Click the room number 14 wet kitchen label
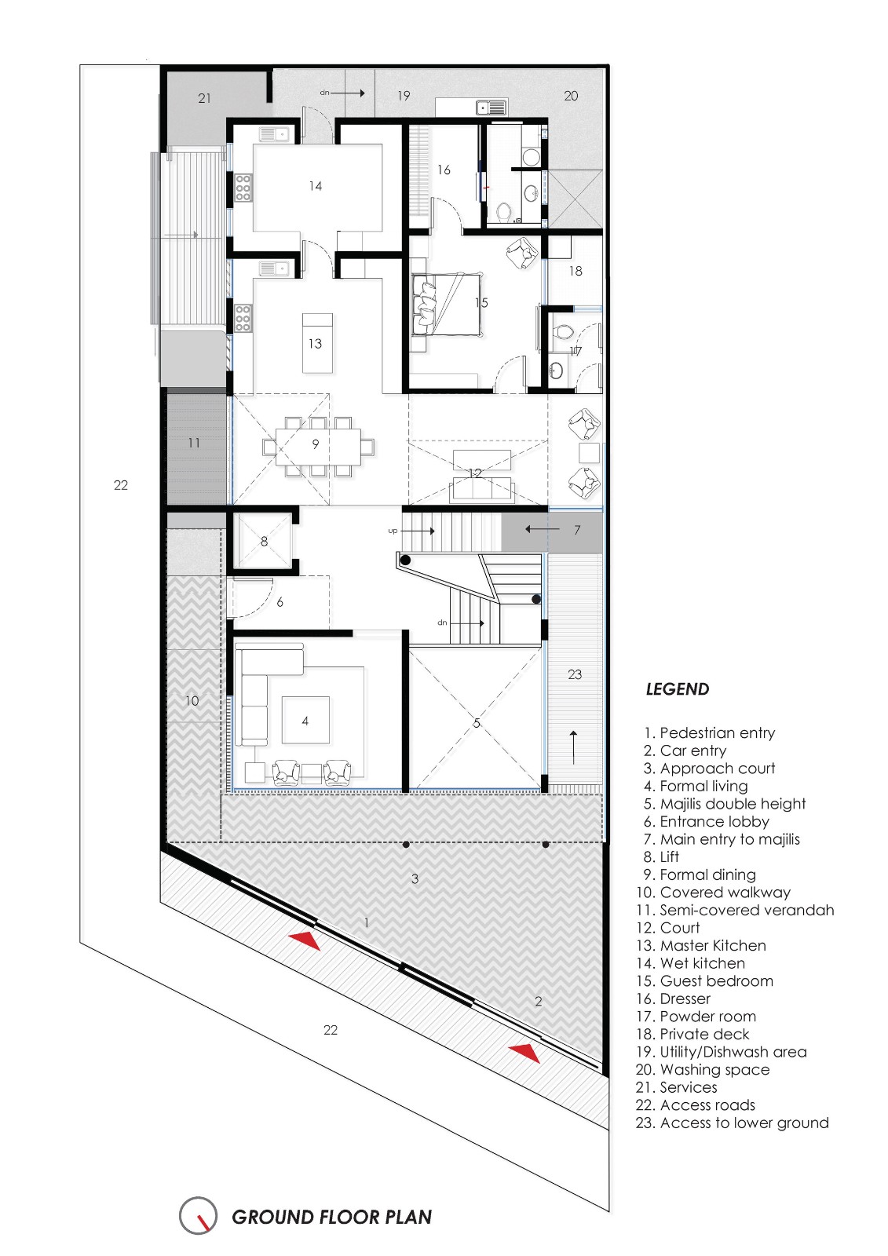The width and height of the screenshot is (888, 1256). [x=315, y=186]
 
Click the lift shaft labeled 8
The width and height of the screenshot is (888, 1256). [x=264, y=541]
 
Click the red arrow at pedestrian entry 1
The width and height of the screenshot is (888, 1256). [x=305, y=940]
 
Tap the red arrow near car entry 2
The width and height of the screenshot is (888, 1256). [x=524, y=1053]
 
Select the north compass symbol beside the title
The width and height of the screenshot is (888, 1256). [x=198, y=1216]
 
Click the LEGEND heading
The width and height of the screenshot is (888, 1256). [x=677, y=689]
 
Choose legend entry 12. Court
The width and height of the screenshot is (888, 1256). [x=667, y=928]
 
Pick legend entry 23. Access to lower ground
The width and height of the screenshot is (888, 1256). [x=732, y=1123]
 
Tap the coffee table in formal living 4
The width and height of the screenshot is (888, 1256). [x=305, y=721]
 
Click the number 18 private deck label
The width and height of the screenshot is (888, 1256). [x=576, y=271]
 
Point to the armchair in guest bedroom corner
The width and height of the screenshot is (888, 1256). [x=521, y=253]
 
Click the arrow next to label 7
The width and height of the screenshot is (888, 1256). [x=543, y=530]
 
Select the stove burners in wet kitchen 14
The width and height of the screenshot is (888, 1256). [x=243, y=188]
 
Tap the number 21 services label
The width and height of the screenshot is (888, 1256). [x=204, y=98]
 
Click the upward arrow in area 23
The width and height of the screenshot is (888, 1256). [x=574, y=747]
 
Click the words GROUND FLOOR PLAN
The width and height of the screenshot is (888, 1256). [x=331, y=1218]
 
